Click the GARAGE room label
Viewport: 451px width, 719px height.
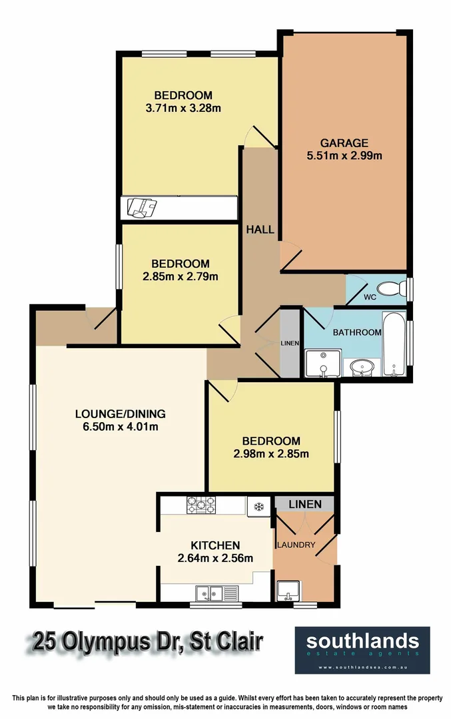click(344, 143)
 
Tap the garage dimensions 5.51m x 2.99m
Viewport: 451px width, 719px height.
click(344, 156)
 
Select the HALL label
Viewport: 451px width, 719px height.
click(260, 230)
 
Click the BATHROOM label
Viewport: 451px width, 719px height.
click(357, 332)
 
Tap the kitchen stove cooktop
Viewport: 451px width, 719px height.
click(201, 505)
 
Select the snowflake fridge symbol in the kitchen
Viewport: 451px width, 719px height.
click(258, 507)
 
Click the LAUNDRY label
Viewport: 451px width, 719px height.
click(296, 545)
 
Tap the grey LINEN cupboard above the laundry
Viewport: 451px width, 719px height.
click(304, 505)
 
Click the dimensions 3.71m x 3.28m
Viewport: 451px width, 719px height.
click(183, 108)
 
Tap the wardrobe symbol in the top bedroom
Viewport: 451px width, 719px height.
click(142, 208)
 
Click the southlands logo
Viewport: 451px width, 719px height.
click(362, 649)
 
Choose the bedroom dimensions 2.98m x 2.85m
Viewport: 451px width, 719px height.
click(271, 455)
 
